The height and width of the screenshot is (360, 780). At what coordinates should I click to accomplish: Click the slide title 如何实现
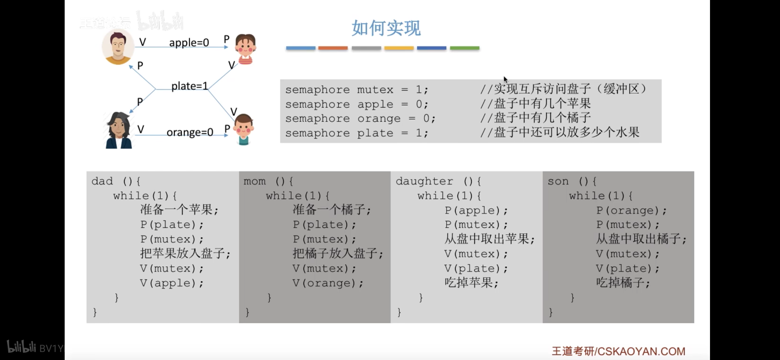click(386, 28)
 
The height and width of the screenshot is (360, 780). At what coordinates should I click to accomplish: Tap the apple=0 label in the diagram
click(189, 43)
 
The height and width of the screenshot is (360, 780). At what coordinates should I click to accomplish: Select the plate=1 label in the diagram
click(189, 86)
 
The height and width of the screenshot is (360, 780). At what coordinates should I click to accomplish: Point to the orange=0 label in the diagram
click(190, 132)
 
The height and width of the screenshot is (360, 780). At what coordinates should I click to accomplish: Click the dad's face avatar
click(117, 47)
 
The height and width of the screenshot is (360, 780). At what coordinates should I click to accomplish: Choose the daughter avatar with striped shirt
click(245, 49)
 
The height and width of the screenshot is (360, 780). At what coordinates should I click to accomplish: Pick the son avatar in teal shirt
click(243, 129)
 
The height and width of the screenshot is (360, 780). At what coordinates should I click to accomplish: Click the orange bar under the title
click(333, 48)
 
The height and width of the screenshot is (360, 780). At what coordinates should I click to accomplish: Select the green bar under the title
click(464, 48)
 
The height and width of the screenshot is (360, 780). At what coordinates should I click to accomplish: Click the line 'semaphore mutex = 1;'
click(356, 90)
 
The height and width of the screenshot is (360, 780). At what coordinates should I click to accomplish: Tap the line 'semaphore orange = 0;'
click(360, 119)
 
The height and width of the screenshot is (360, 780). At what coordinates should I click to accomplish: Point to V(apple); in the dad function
click(171, 283)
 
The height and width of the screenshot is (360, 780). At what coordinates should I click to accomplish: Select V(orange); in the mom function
click(328, 283)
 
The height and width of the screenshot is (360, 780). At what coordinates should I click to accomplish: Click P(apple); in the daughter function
click(476, 210)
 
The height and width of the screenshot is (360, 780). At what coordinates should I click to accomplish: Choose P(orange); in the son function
click(631, 210)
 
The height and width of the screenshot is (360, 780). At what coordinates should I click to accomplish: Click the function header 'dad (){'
click(116, 181)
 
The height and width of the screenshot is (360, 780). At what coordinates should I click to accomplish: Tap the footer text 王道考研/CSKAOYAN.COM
click(618, 351)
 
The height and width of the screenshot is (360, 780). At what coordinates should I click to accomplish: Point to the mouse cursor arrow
click(505, 79)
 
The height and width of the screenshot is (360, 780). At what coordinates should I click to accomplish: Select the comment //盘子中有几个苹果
click(535, 104)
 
